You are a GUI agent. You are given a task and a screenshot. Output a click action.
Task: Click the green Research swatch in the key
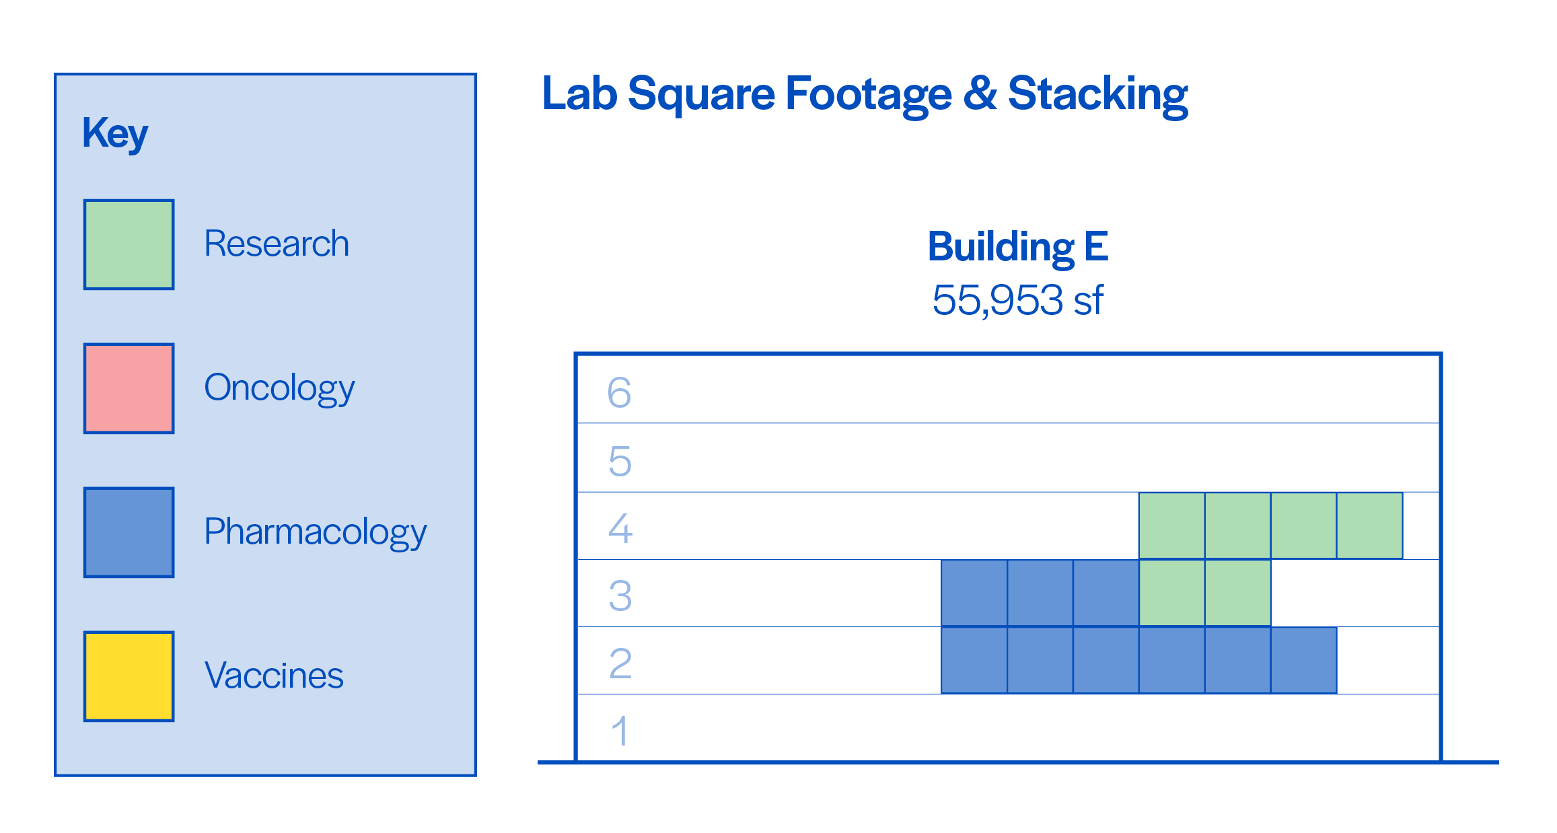pyautogui.click(x=129, y=244)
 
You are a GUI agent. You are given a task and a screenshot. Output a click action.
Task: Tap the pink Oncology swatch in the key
pyautogui.click(x=129, y=388)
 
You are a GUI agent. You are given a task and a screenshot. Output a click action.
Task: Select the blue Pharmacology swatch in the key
pyautogui.click(x=129, y=532)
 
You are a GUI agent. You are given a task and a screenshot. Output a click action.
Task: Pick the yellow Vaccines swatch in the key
pyautogui.click(x=129, y=676)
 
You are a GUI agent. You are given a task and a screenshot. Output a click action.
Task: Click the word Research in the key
pyautogui.click(x=277, y=244)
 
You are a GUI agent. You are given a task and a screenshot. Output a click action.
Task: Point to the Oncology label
pyautogui.click(x=279, y=389)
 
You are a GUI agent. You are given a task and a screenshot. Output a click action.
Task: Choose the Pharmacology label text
pyautogui.click(x=316, y=533)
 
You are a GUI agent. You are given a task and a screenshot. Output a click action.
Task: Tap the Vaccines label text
pyautogui.click(x=274, y=676)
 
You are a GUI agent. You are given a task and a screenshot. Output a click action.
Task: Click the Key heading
pyautogui.click(x=115, y=134)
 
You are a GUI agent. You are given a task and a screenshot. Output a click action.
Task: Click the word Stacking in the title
pyautogui.click(x=1098, y=96)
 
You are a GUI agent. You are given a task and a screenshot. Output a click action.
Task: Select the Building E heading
pyautogui.click(x=1018, y=248)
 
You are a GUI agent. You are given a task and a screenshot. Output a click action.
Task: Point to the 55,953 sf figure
pyautogui.click(x=1018, y=300)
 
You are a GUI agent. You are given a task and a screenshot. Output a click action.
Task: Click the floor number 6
pyautogui.click(x=619, y=392)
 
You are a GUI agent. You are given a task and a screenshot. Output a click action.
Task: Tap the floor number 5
pyautogui.click(x=620, y=461)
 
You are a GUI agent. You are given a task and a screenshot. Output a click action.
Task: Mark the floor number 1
pyautogui.click(x=620, y=731)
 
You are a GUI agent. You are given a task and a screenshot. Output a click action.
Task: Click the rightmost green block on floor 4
pyautogui.click(x=1370, y=526)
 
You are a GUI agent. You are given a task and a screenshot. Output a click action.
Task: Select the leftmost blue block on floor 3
pyautogui.click(x=974, y=593)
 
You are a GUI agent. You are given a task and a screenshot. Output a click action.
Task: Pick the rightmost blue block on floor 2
pyautogui.click(x=1304, y=660)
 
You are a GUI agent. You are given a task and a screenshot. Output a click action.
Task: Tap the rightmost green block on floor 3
pyautogui.click(x=1238, y=593)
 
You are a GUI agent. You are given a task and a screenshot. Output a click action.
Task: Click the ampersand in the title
pyautogui.click(x=980, y=94)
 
